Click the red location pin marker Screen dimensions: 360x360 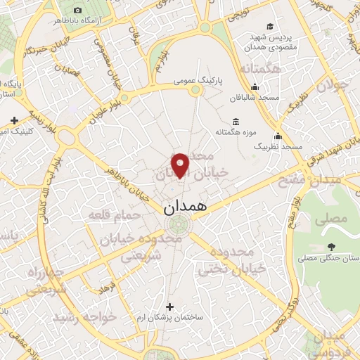181,165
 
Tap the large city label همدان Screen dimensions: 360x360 186,209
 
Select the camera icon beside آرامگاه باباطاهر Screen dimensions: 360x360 77,11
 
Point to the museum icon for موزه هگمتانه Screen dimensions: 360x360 234,121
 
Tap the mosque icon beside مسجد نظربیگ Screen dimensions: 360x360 278,136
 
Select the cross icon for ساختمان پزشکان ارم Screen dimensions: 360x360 169,307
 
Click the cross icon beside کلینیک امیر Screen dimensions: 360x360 15,120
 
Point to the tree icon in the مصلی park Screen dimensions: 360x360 330,247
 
